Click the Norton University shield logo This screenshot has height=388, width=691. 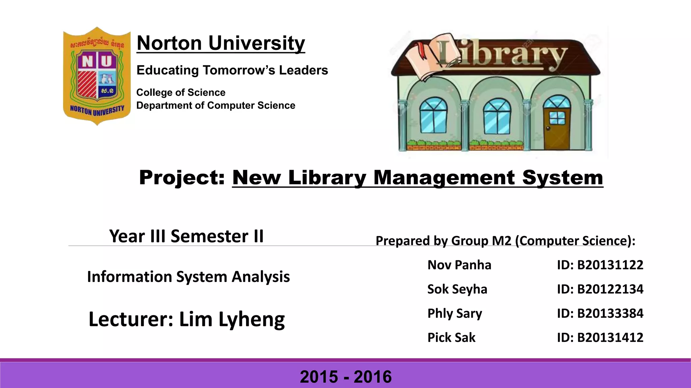(97, 76)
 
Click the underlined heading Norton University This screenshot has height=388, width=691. (221, 43)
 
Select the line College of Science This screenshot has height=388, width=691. (181, 93)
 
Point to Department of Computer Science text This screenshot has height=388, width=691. (216, 105)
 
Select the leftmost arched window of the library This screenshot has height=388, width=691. (433, 115)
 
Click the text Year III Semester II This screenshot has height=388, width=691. (186, 236)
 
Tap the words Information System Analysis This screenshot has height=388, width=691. (188, 277)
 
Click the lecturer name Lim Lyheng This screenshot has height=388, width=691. (232, 319)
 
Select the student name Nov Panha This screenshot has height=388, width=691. (459, 265)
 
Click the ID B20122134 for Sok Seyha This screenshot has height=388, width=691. (610, 289)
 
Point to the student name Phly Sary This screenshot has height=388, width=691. (454, 314)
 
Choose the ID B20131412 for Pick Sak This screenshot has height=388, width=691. (610, 337)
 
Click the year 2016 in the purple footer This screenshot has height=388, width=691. (372, 377)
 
